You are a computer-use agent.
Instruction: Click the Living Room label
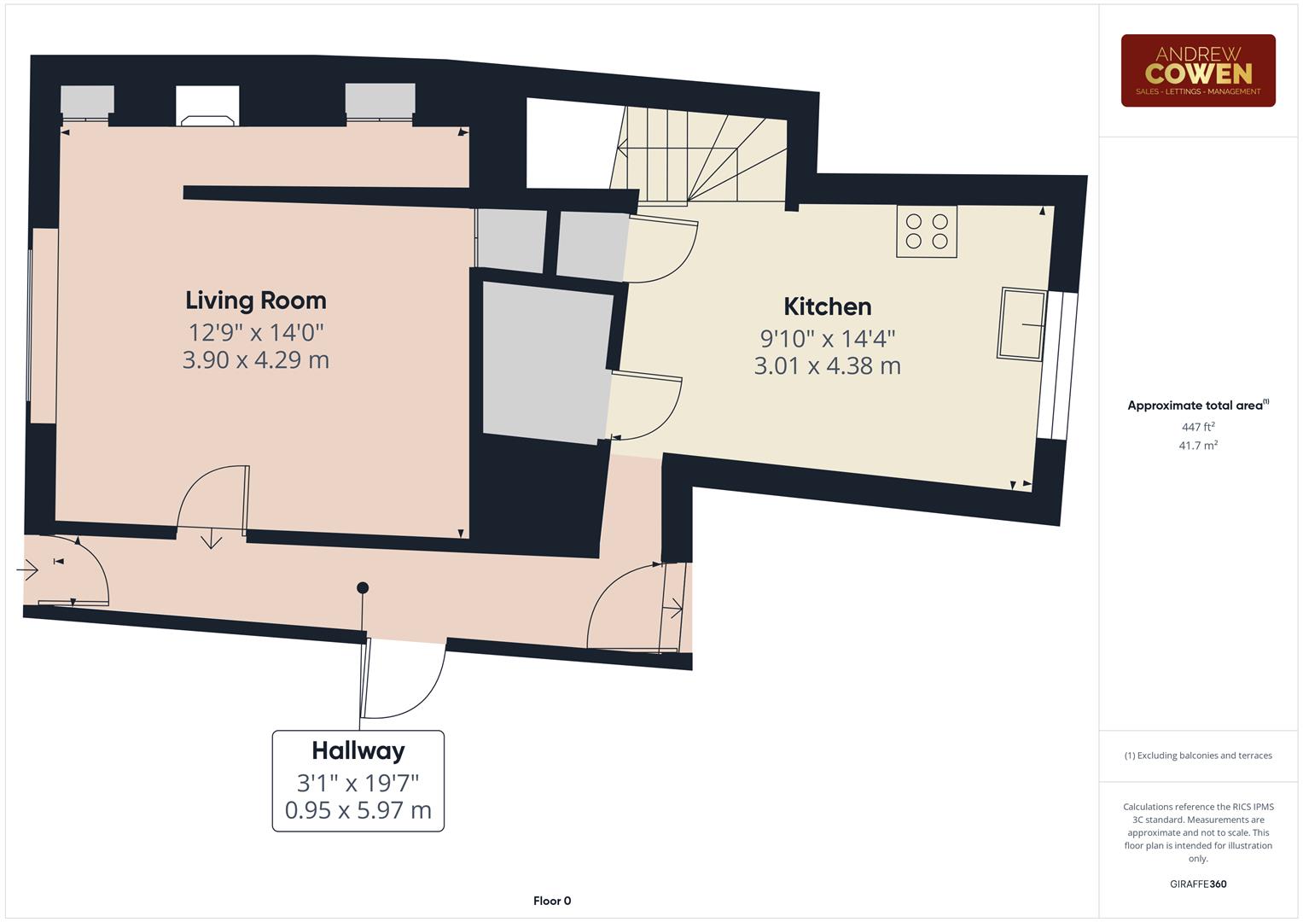tap(256, 301)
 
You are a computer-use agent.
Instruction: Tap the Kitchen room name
tap(827, 306)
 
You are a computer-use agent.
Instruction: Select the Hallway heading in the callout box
tap(358, 750)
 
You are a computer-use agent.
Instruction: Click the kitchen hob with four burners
tap(927, 231)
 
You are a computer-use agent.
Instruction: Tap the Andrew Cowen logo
tap(1197, 71)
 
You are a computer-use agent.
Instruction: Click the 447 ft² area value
tap(1197, 427)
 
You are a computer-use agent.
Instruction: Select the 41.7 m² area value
tap(1197, 446)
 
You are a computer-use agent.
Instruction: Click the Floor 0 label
tap(552, 901)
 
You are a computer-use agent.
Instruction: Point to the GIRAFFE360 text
tap(1197, 884)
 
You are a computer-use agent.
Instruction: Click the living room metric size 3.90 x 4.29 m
tap(256, 359)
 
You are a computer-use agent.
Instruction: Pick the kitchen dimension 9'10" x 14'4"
tap(827, 338)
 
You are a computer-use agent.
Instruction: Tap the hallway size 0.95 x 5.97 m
tap(358, 809)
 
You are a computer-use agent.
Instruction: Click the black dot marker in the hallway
tap(363, 587)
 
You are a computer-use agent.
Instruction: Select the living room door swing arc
tap(209, 495)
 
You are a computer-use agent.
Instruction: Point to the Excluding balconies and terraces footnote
tap(1197, 756)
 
